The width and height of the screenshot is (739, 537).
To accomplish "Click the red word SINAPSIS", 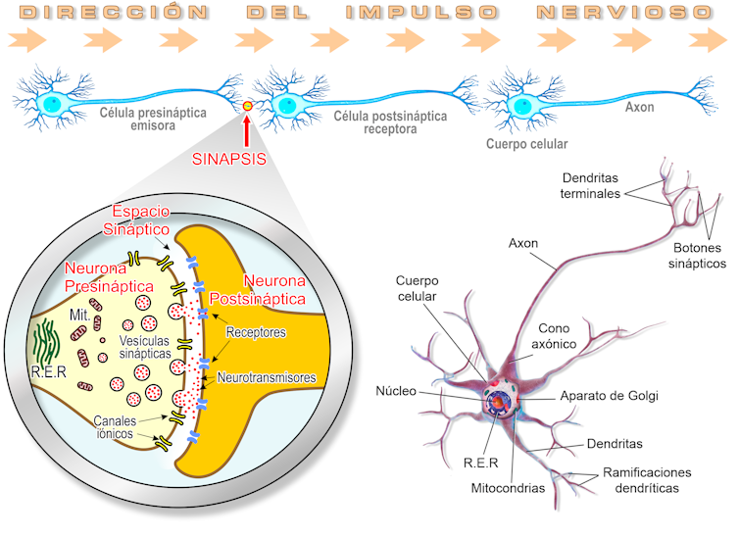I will pyautogui.click(x=229, y=160).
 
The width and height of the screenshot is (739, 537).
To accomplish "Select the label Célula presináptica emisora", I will pyautogui.click(x=153, y=119).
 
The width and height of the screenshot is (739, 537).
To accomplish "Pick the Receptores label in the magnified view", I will pyautogui.click(x=256, y=332).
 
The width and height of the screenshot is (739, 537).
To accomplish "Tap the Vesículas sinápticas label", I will pyautogui.click(x=145, y=346).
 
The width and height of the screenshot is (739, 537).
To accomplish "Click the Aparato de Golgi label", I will pyautogui.click(x=609, y=397).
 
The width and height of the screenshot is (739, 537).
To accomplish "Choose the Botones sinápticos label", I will pyautogui.click(x=697, y=257).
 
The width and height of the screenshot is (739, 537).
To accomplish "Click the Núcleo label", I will pyautogui.click(x=395, y=392).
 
